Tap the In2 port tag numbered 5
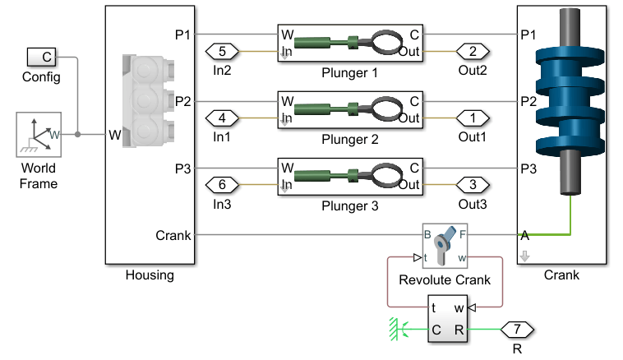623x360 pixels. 222,51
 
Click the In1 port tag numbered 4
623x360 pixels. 222,117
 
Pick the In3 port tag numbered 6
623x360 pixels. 222,183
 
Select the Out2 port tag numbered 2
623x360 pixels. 473,51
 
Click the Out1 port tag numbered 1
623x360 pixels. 473,117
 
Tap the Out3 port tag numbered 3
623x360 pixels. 473,183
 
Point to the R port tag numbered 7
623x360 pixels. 517,330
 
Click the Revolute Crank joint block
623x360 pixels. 445,245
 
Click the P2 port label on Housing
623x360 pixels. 182,102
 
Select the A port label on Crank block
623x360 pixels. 525,235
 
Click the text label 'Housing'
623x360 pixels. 150,275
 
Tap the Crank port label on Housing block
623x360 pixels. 173,235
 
